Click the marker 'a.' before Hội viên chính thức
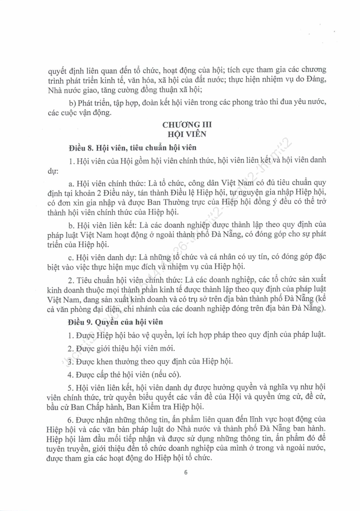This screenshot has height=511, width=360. click(x=71, y=184)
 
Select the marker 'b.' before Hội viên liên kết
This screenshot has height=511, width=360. click(x=71, y=225)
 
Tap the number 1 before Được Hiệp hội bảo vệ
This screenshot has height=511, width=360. click(x=71, y=335)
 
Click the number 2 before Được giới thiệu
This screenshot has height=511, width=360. click(x=71, y=348)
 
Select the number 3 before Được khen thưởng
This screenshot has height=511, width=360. click(x=71, y=362)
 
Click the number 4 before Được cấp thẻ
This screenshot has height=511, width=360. click(x=71, y=375)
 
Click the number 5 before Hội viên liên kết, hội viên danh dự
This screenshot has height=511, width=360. click(x=71, y=389)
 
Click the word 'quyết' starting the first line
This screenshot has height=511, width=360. click(x=57, y=71)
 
